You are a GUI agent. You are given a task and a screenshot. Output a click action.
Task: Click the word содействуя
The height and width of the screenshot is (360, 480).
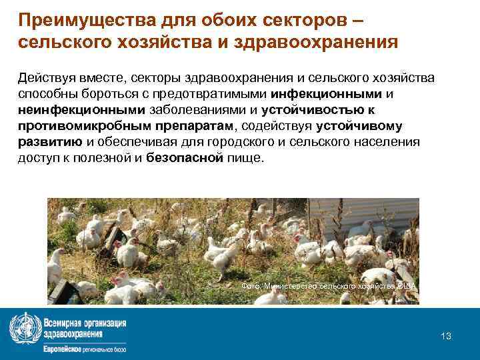[277, 126]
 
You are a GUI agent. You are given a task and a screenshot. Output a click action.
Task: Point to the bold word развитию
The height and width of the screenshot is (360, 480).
[50, 142]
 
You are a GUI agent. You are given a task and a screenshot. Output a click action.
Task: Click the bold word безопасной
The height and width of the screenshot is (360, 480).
[183, 158]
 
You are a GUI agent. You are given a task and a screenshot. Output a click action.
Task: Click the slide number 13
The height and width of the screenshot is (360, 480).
[446, 336]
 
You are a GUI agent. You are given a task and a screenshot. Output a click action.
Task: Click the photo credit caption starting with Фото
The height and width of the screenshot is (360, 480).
[329, 286]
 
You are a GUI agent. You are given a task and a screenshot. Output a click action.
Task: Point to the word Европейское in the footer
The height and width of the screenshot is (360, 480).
[64, 349]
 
